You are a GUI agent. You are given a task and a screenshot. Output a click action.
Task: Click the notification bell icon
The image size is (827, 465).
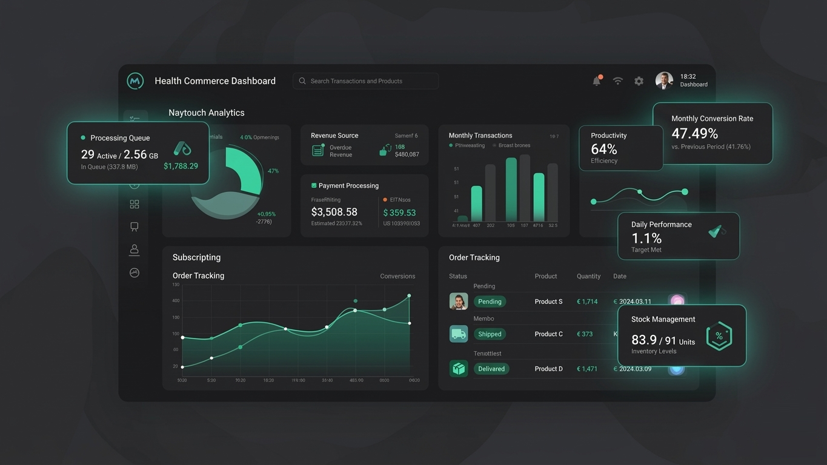[x=597, y=81]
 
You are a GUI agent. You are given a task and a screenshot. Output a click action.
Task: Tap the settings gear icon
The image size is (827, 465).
[x=639, y=81]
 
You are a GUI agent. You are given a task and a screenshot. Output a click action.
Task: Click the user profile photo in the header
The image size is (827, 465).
[x=664, y=81]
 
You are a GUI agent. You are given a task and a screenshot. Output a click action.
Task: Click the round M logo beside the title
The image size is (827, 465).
[x=135, y=81]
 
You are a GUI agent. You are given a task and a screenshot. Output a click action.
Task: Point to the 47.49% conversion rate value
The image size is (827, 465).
[x=694, y=133]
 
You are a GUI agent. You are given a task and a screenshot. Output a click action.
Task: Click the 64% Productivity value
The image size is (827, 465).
[x=604, y=149]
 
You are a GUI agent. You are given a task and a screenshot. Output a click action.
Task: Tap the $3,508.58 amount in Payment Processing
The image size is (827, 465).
[x=334, y=212]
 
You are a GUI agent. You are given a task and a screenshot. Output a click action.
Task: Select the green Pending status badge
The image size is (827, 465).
[x=490, y=302]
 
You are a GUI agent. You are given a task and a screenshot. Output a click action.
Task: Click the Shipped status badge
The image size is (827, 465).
[x=490, y=334]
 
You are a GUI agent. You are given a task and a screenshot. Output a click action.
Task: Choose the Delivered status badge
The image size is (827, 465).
[x=491, y=369]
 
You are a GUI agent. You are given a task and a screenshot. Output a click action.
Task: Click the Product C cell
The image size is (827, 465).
[x=548, y=334]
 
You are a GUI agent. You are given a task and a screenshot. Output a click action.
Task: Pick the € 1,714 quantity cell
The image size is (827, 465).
[x=587, y=302]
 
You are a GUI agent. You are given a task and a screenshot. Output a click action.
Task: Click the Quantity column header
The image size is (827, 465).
[x=588, y=276]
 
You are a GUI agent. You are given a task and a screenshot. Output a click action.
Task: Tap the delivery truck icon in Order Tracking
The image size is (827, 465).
[x=459, y=334]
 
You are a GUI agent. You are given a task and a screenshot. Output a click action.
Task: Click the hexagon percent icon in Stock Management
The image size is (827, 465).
[x=719, y=336]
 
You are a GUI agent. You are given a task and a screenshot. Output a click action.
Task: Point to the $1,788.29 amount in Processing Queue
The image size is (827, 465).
[x=181, y=166]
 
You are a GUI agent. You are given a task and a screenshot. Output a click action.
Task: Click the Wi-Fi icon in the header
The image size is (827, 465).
[x=618, y=81]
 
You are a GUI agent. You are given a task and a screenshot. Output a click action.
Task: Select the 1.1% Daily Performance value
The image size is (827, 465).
[x=646, y=238]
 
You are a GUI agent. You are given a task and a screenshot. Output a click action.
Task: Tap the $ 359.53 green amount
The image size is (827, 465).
[x=400, y=213]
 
